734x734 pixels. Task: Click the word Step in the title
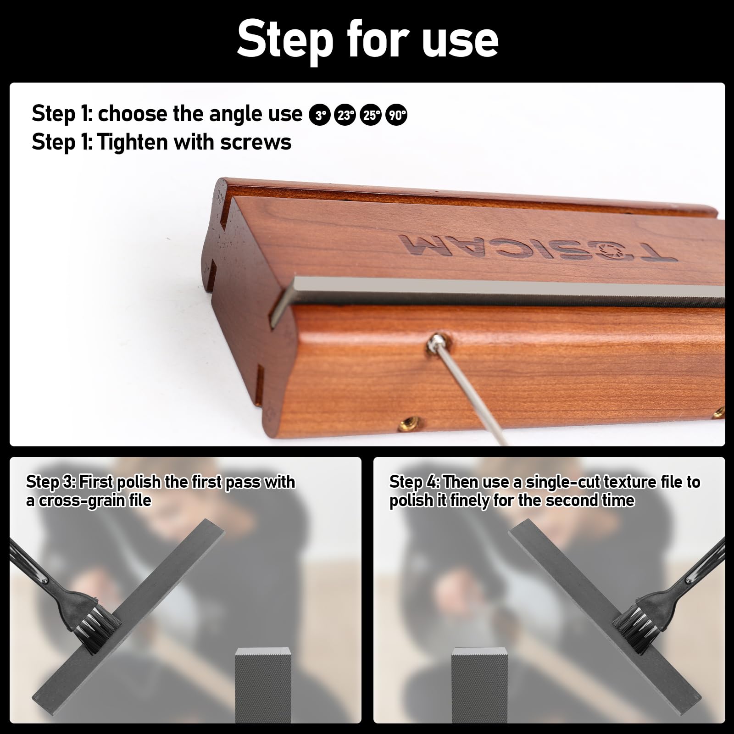284,40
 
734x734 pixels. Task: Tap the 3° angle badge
320,115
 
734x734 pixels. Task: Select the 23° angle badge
345,115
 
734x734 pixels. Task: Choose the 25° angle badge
371,115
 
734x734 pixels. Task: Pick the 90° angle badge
396,115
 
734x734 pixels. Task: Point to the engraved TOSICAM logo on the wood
537,248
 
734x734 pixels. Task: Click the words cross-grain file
94,500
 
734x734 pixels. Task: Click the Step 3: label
50,482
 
